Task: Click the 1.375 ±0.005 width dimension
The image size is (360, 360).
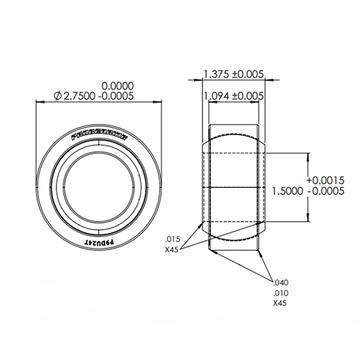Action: (x=233, y=74)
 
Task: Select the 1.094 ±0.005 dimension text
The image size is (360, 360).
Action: (x=233, y=96)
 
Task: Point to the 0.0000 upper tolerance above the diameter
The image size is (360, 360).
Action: (x=118, y=86)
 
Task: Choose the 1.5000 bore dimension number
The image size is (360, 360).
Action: (x=288, y=191)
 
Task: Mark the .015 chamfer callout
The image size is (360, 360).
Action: (x=172, y=239)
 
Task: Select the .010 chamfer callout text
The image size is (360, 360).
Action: (x=280, y=293)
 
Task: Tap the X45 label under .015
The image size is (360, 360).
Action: (x=172, y=249)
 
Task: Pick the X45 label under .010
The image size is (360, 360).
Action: (x=280, y=303)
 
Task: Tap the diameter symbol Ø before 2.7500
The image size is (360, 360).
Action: (x=57, y=96)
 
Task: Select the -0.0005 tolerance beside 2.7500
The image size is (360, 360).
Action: (x=116, y=96)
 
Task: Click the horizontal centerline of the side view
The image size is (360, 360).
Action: (x=233, y=187)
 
